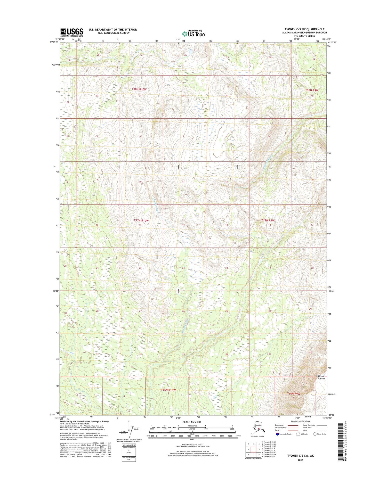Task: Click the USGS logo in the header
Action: [72, 32]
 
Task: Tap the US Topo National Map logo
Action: [193, 34]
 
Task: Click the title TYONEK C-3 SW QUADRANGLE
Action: [303, 29]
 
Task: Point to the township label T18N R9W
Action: [312, 90]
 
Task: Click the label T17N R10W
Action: [141, 220]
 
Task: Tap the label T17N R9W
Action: [268, 220]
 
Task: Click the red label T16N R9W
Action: [294, 394]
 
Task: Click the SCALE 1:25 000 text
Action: [191, 422]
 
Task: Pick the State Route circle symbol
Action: [315, 434]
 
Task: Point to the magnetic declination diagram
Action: [128, 430]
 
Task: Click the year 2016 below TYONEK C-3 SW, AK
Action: [300, 460]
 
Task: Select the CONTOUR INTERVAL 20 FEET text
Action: [192, 444]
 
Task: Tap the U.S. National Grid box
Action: [129, 452]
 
